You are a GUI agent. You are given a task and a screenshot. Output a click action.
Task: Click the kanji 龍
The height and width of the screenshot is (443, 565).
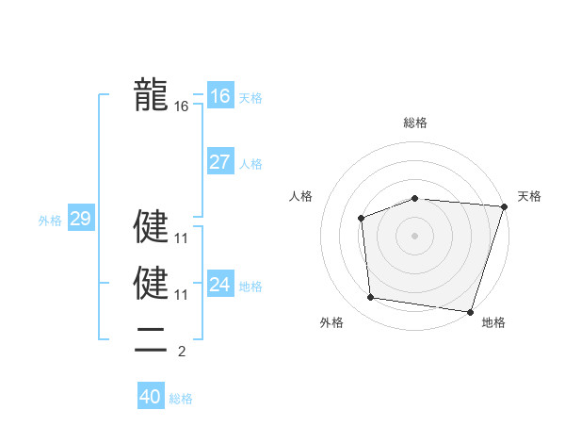click(151, 95)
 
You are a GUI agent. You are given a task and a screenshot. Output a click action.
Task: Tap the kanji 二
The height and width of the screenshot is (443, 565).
click(151, 340)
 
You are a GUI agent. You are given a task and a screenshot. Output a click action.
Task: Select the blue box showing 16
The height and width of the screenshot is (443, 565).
click(219, 96)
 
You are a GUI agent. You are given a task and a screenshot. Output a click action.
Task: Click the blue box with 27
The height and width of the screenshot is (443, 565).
click(219, 161)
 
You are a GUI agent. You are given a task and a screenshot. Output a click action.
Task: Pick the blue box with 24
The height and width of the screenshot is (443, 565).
click(219, 284)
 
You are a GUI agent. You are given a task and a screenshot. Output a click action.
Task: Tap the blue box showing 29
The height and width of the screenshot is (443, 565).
click(80, 219)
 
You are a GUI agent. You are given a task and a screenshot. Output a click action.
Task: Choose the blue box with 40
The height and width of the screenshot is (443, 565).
click(151, 397)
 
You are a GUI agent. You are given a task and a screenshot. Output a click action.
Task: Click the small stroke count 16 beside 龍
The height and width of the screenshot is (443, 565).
click(182, 107)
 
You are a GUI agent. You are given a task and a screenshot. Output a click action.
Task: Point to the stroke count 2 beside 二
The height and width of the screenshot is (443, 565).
click(182, 353)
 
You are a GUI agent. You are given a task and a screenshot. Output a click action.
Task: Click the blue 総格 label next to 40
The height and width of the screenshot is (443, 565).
click(181, 399)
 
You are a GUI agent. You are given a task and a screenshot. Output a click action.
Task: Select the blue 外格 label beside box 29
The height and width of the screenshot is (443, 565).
click(50, 221)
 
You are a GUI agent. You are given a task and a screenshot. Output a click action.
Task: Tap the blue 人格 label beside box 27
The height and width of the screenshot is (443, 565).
click(250, 164)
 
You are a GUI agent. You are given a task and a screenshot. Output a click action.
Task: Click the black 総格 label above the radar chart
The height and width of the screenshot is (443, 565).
click(414, 123)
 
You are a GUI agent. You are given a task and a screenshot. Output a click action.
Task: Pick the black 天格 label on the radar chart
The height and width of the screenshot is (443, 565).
click(529, 196)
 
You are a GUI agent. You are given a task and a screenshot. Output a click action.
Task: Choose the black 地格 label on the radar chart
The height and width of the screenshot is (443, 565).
click(493, 322)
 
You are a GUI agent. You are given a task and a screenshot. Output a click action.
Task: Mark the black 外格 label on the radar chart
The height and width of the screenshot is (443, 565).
click(331, 322)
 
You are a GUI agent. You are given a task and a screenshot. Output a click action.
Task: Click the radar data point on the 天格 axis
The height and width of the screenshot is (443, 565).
click(504, 206)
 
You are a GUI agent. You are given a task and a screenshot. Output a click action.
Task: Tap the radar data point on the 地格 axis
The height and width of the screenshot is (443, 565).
click(469, 311)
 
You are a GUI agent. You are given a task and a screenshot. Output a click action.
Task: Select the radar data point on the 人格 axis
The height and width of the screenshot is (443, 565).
click(362, 219)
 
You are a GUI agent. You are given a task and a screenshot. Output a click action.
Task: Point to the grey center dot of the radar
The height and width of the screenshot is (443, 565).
click(414, 236)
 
